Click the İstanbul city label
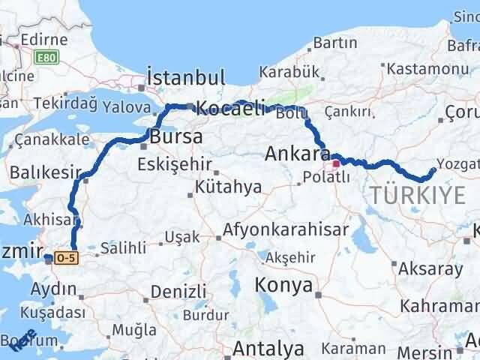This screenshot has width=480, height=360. click(187, 77)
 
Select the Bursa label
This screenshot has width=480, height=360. click(175, 138)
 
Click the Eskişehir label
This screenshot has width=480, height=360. click(173, 164)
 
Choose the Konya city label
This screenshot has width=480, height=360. click(283, 284)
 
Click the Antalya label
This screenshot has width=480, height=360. click(268, 349)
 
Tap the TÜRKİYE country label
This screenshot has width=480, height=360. click(417, 196)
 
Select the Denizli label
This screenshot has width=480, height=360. click(178, 291)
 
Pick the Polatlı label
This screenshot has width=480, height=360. click(322, 178)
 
